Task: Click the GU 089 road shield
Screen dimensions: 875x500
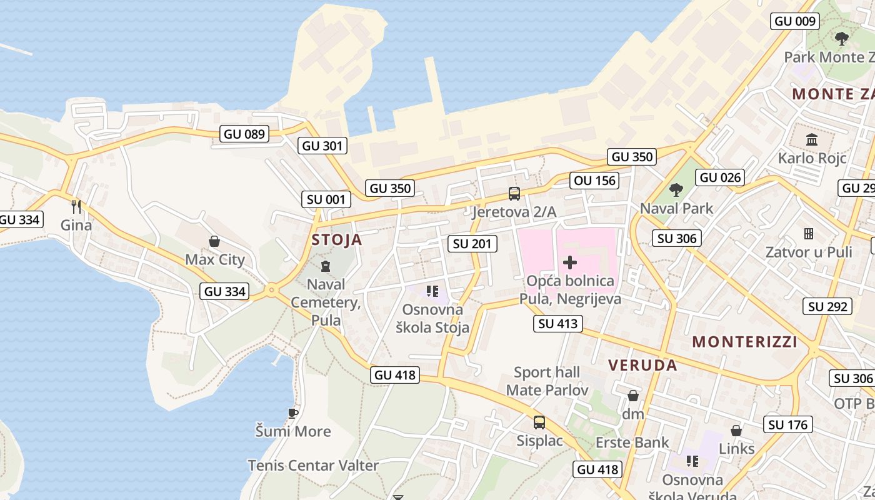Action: click(x=245, y=134)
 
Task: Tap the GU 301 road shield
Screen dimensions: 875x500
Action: click(x=322, y=146)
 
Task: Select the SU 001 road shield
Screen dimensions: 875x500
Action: click(x=326, y=200)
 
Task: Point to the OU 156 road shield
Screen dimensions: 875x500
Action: click(x=594, y=181)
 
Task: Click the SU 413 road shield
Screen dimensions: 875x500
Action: click(x=558, y=324)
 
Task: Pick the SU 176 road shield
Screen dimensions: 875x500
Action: click(x=788, y=425)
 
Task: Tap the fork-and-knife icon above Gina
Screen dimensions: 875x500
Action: click(x=76, y=206)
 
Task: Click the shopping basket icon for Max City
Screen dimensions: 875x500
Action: click(x=214, y=241)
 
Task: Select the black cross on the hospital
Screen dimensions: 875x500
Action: click(x=570, y=262)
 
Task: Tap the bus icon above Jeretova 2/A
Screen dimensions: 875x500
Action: click(x=514, y=194)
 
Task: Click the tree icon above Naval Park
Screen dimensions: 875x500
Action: click(x=676, y=189)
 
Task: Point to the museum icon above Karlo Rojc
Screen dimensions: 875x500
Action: click(x=812, y=139)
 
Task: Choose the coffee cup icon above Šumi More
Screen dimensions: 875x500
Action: click(x=292, y=413)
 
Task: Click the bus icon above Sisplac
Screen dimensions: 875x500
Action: click(x=539, y=422)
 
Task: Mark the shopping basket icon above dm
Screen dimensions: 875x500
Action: click(x=633, y=396)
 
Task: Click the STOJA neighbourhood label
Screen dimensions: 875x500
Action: click(x=337, y=240)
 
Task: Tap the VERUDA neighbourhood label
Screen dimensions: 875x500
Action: click(x=642, y=366)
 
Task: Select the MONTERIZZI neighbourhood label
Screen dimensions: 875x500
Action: click(x=745, y=342)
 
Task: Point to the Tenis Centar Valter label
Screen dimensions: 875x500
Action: click(x=313, y=466)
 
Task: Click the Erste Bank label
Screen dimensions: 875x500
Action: click(x=632, y=443)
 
